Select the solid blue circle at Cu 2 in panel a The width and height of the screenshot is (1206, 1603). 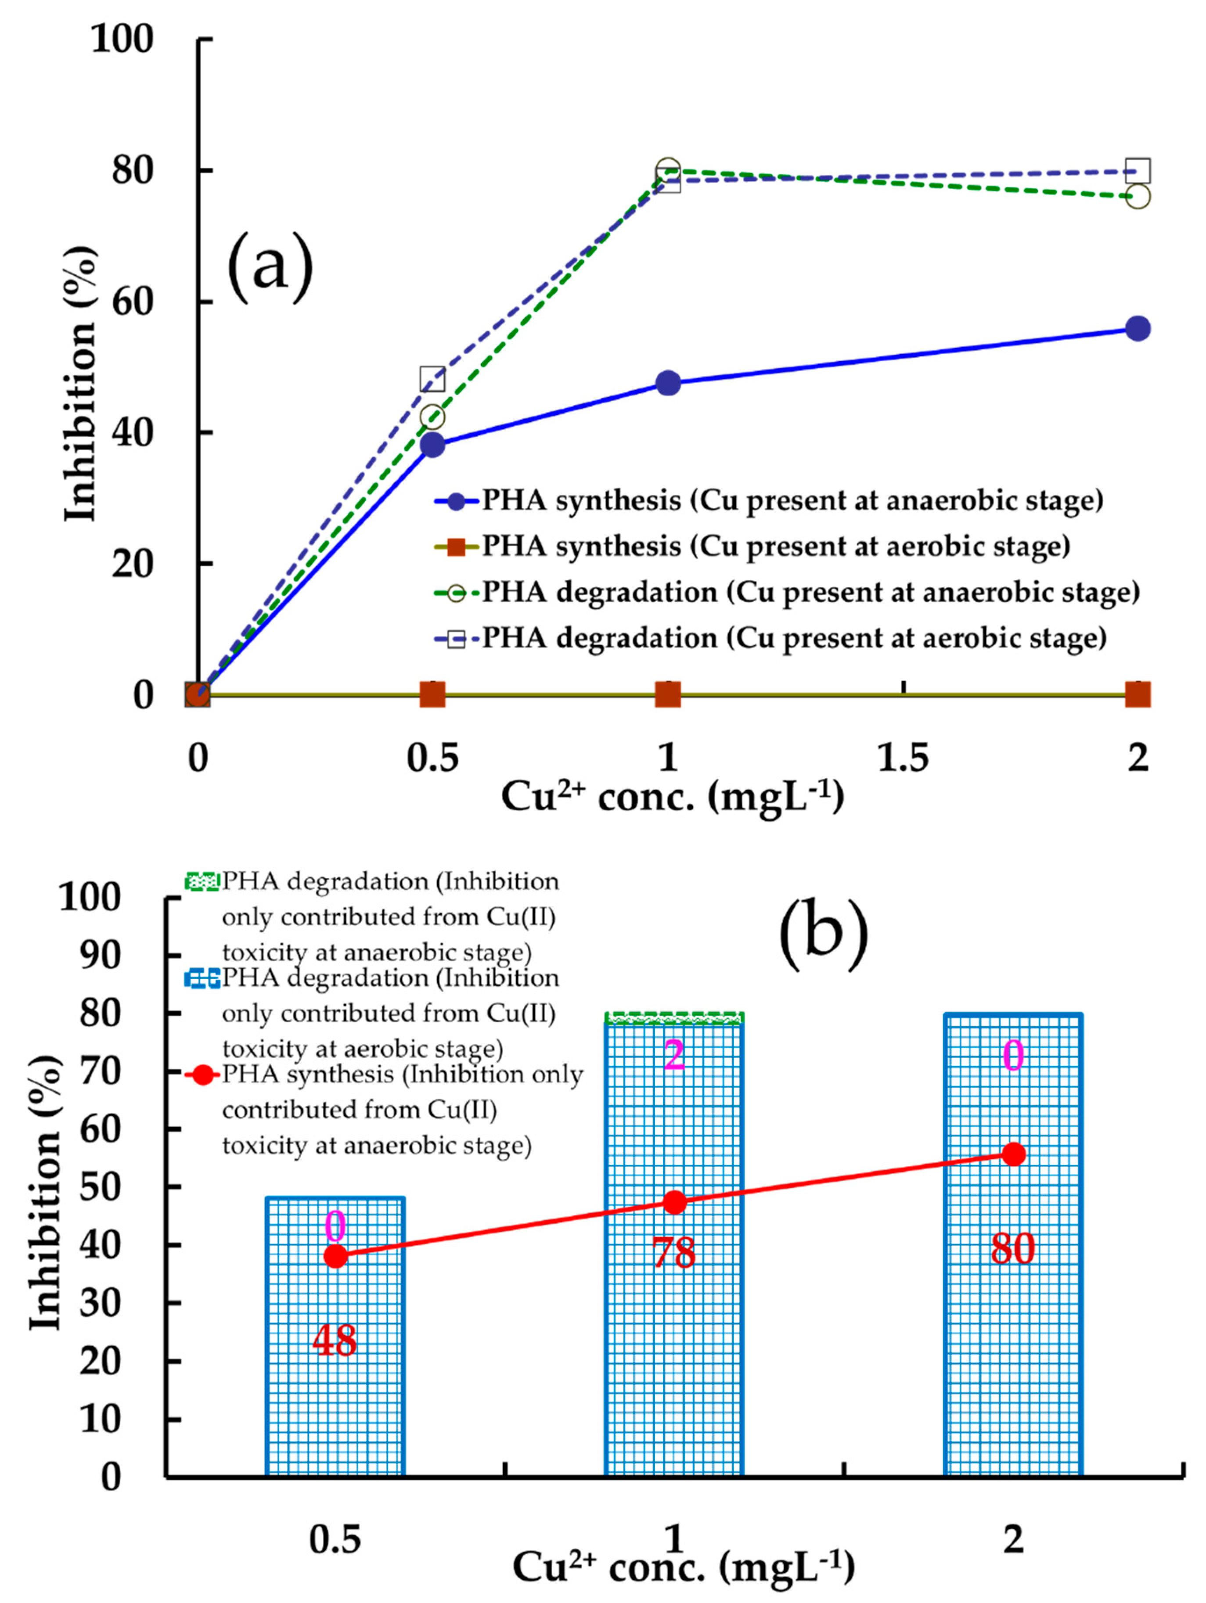click(1138, 328)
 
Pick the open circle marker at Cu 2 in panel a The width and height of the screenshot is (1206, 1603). click(1138, 196)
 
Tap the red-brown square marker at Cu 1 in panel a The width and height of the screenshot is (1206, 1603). click(667, 694)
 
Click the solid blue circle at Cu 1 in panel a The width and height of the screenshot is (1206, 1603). click(667, 383)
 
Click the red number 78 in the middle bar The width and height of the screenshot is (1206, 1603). click(673, 1252)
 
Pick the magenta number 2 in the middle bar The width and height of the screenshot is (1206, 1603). click(673, 1056)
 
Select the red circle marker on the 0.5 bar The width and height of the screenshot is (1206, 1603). click(335, 1256)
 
